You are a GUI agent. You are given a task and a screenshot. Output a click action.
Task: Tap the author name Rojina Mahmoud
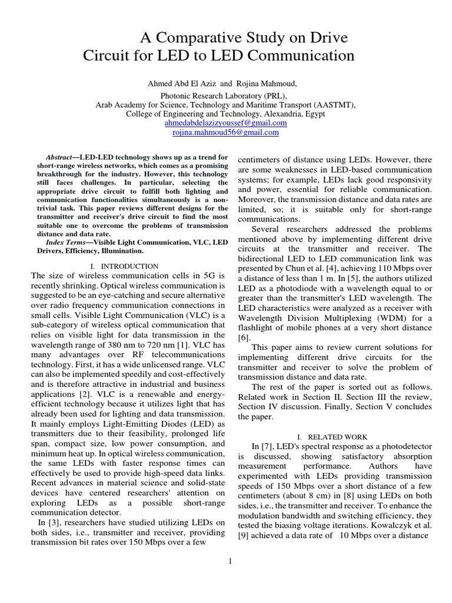coord(260,84)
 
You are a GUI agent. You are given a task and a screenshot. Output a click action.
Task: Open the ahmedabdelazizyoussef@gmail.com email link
coord(225,123)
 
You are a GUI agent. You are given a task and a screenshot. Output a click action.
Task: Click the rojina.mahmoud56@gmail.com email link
coord(225,133)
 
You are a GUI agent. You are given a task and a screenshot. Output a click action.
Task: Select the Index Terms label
coord(66,241)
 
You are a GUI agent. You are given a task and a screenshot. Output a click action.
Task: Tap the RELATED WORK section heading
coord(338,437)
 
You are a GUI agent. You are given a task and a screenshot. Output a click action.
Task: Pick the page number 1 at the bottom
coord(231,561)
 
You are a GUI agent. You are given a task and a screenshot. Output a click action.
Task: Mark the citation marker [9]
coord(244,535)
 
